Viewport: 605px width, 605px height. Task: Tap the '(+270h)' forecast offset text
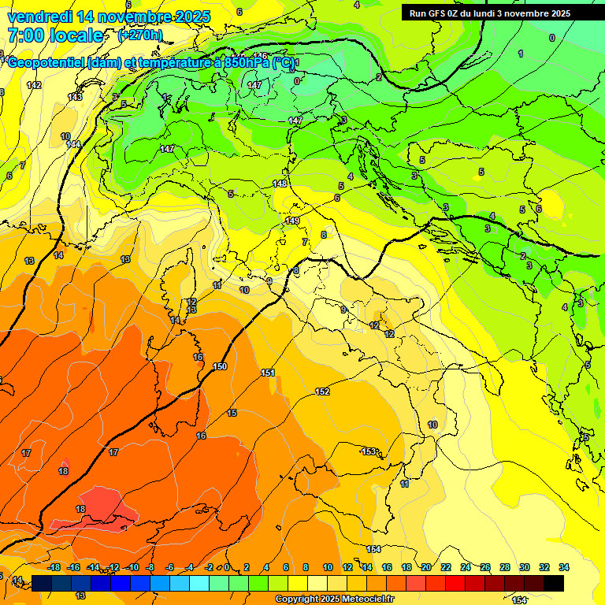click(x=139, y=35)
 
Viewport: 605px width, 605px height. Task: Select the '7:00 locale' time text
click(x=55, y=35)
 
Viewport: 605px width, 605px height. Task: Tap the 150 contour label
click(x=220, y=367)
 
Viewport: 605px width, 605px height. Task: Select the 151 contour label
click(x=268, y=373)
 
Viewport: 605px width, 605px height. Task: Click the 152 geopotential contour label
click(x=322, y=392)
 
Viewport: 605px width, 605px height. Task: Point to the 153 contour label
click(x=369, y=451)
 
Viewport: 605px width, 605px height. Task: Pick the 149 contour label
click(x=292, y=221)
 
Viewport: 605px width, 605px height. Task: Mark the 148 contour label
click(x=280, y=184)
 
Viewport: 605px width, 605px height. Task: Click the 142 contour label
click(x=34, y=85)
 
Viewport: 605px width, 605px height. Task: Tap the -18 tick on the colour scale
click(x=54, y=567)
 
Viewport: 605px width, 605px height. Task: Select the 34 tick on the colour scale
click(x=564, y=567)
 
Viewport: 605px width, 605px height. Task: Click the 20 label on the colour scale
click(x=426, y=567)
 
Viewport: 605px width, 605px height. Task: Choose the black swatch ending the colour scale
click(x=554, y=583)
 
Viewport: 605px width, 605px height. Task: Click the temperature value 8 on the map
click(x=323, y=235)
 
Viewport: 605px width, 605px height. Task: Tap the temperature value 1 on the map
click(x=520, y=54)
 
